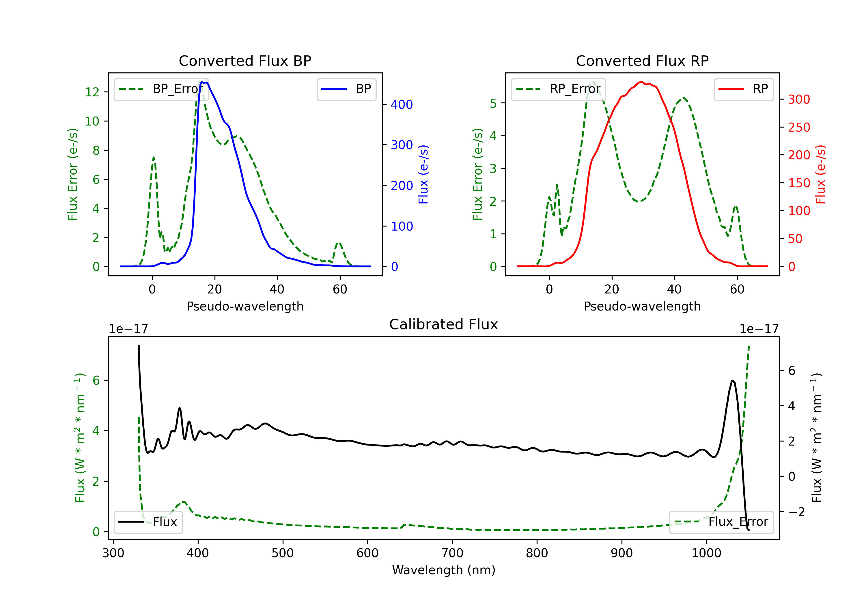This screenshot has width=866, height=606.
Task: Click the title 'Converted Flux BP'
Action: (x=245, y=61)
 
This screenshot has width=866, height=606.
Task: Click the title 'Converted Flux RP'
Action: (x=642, y=61)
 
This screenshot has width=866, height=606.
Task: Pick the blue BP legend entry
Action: (x=346, y=89)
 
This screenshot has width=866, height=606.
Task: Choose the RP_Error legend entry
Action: (x=558, y=89)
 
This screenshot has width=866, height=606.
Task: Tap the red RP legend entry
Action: (x=743, y=89)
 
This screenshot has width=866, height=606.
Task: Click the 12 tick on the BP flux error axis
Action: (x=92, y=92)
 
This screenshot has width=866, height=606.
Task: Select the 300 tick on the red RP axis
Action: (x=799, y=99)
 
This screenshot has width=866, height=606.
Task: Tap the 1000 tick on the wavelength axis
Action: (x=706, y=553)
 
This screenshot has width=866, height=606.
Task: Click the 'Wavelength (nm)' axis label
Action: (x=444, y=570)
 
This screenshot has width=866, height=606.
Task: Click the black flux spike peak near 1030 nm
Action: (x=732, y=381)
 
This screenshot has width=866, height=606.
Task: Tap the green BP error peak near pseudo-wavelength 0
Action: (x=154, y=157)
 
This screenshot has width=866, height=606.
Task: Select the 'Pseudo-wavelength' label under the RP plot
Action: (x=642, y=306)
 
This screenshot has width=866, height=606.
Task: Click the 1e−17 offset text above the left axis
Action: (x=128, y=329)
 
